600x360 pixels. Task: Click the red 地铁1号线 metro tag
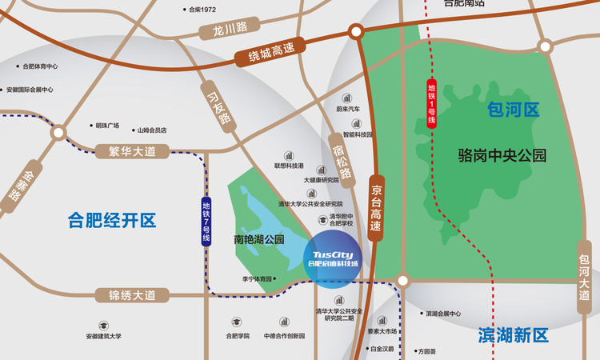pyautogui.click(x=432, y=103)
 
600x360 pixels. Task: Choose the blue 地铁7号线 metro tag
pyautogui.click(x=206, y=221)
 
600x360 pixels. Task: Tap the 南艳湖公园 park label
pyautogui.click(x=259, y=238)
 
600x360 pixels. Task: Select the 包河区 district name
pyautogui.click(x=513, y=110)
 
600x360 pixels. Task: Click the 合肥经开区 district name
pyautogui.click(x=111, y=220)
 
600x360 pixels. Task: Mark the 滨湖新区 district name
pyautogui.click(x=513, y=334)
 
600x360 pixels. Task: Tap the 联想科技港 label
pyautogui.click(x=289, y=166)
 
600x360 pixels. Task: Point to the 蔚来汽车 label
pyautogui.click(x=348, y=109)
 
